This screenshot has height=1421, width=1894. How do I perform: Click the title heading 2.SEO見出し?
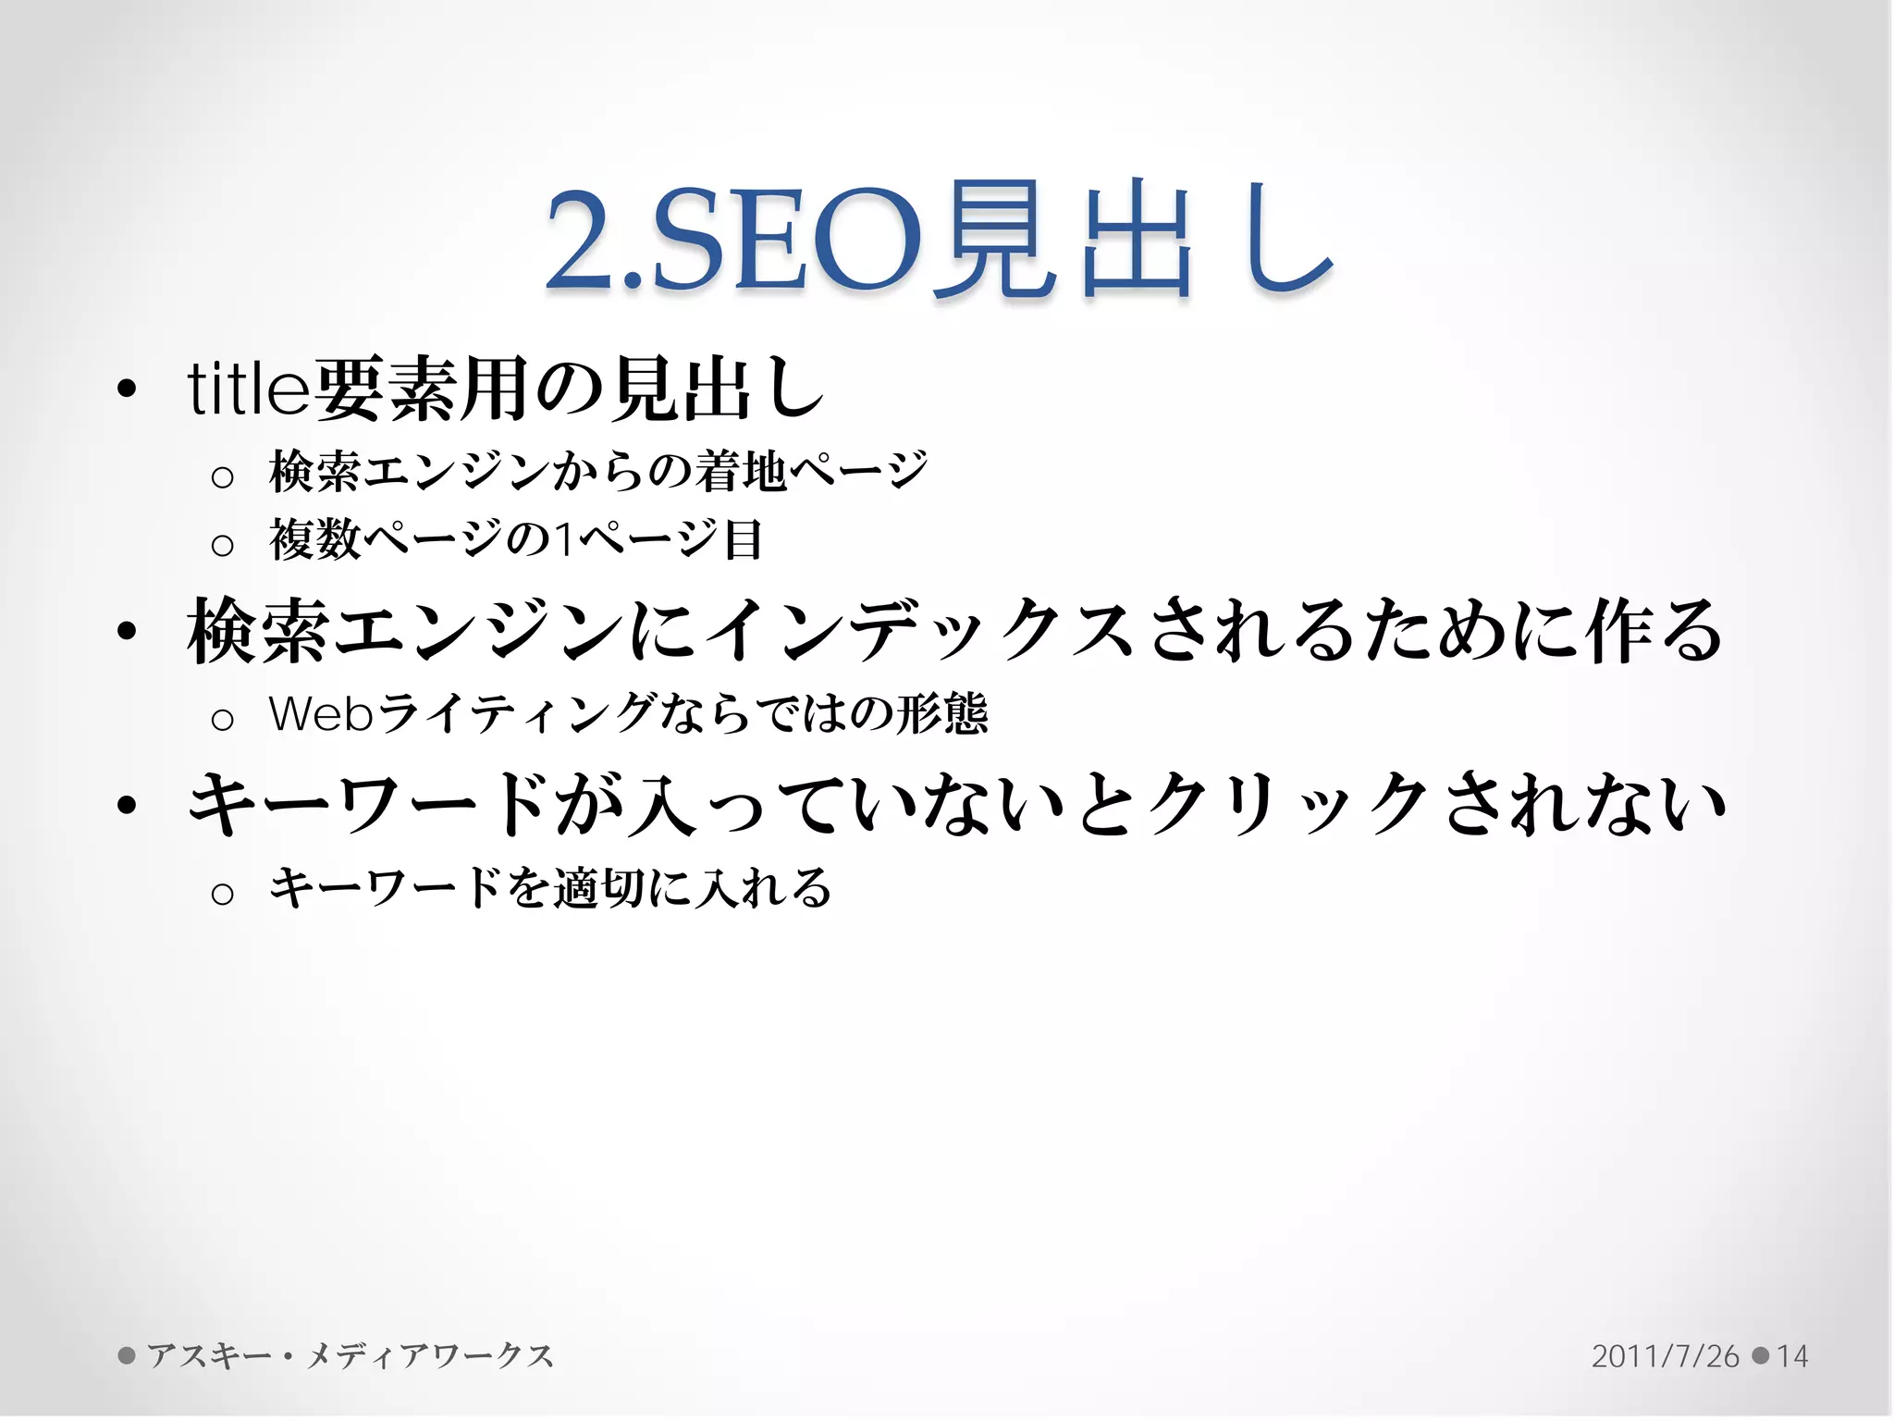(939, 242)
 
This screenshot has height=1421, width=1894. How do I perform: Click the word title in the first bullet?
(248, 389)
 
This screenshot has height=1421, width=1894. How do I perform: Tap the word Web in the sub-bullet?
(320, 714)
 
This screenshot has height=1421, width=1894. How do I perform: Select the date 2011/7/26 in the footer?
(1665, 1356)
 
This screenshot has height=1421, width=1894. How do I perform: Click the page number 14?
(1792, 1356)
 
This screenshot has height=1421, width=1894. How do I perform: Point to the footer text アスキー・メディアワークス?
(350, 1356)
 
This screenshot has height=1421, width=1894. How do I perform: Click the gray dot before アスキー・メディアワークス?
(128, 1356)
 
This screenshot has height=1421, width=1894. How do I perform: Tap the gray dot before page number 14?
(1761, 1356)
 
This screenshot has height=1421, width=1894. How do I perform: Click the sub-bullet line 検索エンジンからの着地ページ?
(597, 472)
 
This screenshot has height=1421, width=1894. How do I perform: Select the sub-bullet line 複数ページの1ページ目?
(515, 540)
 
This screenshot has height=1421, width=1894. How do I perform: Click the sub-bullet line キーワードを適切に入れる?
(549, 889)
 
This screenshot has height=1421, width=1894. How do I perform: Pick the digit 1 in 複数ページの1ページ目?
(563, 541)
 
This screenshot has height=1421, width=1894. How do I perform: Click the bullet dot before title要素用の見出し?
(128, 389)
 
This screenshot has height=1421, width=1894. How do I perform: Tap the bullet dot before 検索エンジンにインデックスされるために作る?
(128, 632)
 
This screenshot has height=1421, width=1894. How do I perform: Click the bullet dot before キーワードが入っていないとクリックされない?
(128, 806)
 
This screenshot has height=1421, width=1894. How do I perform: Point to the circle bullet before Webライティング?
(222, 719)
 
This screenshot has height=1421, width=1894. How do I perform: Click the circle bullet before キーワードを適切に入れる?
(222, 894)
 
